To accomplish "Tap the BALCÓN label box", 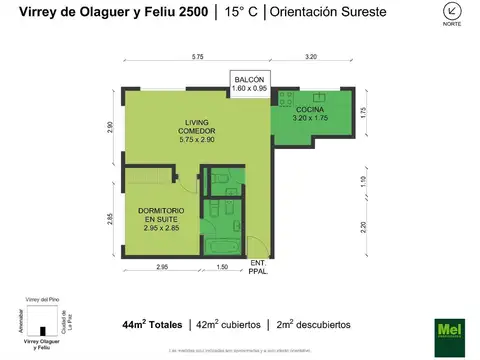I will pyautogui.click(x=248, y=82).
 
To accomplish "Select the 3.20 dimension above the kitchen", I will pyautogui.click(x=310, y=58).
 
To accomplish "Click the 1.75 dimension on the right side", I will pyautogui.click(x=365, y=112).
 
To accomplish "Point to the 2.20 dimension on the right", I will pyautogui.click(x=365, y=225).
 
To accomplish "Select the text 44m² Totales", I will pyautogui.click(x=152, y=324).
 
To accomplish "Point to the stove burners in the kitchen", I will pyautogui.click(x=286, y=100).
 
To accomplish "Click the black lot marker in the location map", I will pyautogui.click(x=42, y=331).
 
